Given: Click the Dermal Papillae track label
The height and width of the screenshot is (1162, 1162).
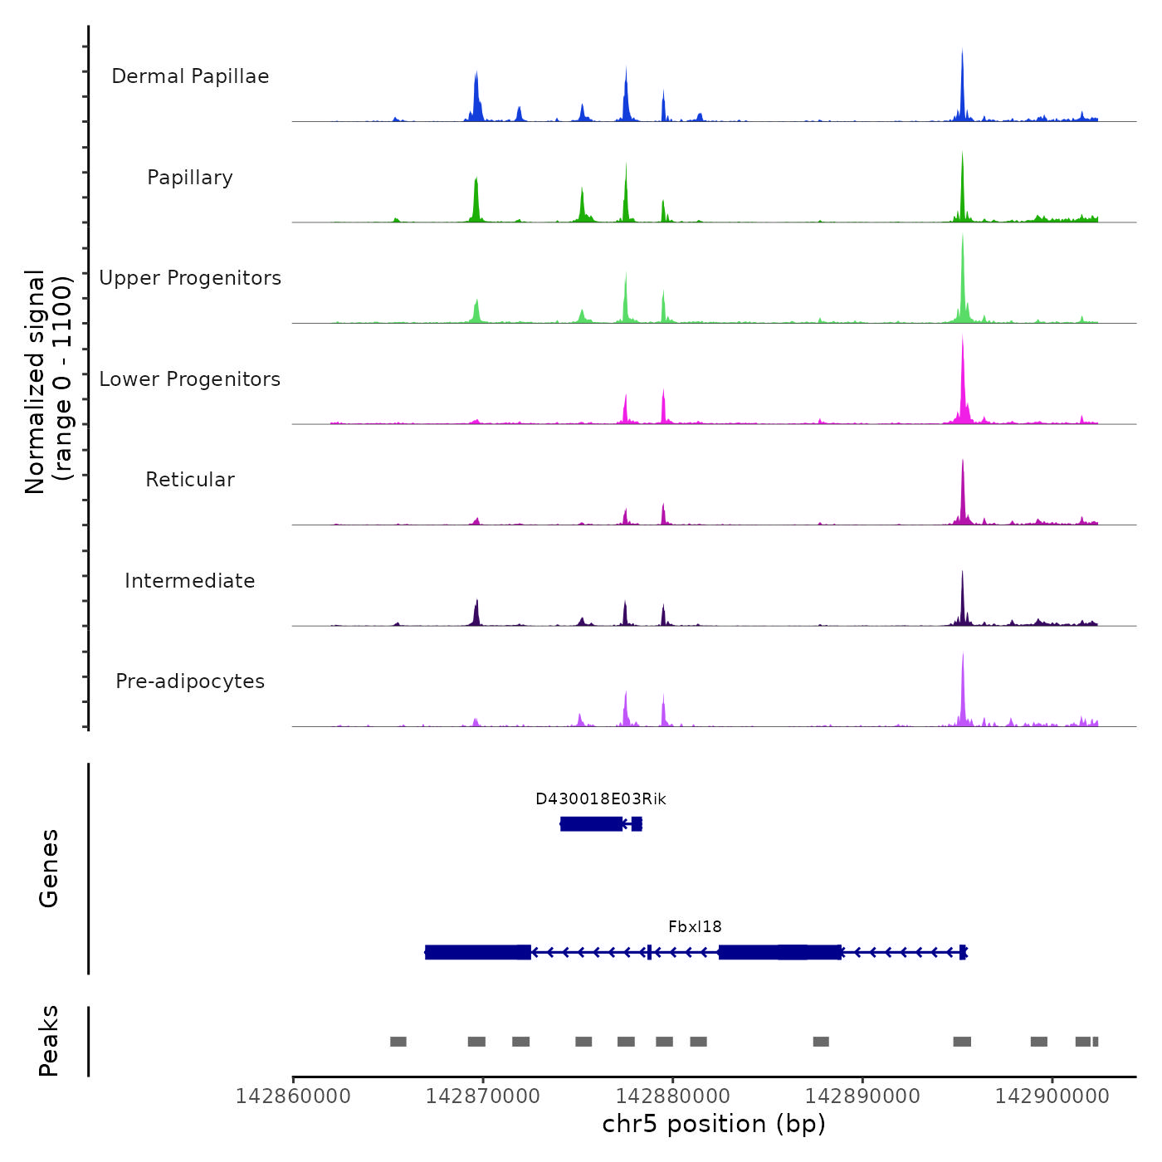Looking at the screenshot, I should pyautogui.click(x=190, y=76).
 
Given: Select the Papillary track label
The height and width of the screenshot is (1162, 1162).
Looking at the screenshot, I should pyautogui.click(x=190, y=178).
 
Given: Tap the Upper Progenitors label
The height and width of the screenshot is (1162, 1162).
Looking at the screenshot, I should pyautogui.click(x=190, y=278).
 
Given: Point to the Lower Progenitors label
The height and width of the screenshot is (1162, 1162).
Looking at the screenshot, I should pyautogui.click(x=190, y=379).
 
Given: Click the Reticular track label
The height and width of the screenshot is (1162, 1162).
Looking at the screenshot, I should pyautogui.click(x=190, y=480).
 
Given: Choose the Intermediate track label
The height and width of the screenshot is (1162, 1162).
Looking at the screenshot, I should pyautogui.click(x=190, y=581).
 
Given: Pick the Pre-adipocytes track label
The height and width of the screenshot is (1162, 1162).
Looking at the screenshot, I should pyautogui.click(x=190, y=681).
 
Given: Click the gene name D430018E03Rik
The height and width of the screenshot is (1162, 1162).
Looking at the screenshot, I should pyautogui.click(x=601, y=799).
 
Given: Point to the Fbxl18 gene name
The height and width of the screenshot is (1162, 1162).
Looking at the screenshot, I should pyautogui.click(x=695, y=927).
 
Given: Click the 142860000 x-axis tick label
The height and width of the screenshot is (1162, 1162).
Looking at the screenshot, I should pyautogui.click(x=293, y=1096).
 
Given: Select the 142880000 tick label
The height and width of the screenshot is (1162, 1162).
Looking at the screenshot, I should pyautogui.click(x=673, y=1096).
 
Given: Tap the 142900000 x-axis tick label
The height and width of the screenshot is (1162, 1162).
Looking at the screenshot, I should pyautogui.click(x=1052, y=1096).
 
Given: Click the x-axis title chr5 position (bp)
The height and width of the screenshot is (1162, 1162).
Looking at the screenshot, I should pyautogui.click(x=714, y=1124).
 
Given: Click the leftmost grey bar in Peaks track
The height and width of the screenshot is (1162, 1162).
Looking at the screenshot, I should pyautogui.click(x=398, y=1042).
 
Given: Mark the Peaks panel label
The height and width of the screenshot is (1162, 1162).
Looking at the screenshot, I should pyautogui.click(x=49, y=1041).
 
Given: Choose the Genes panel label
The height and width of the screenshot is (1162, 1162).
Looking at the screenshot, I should pyautogui.click(x=49, y=868).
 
